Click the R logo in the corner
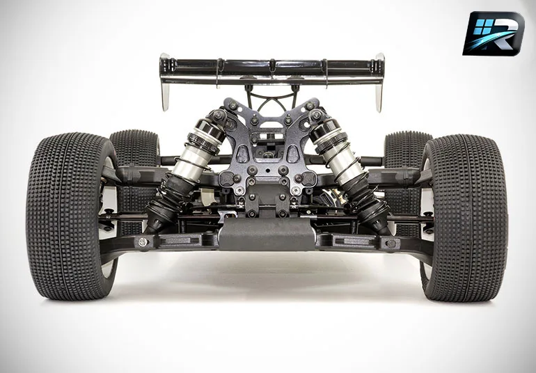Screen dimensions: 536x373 pyautogui.click(x=494, y=33)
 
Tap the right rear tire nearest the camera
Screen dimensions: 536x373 pyautogui.click(x=464, y=218)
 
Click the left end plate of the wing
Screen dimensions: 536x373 pyautogui.click(x=165, y=82)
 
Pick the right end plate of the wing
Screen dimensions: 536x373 pyautogui.click(x=379, y=82)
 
